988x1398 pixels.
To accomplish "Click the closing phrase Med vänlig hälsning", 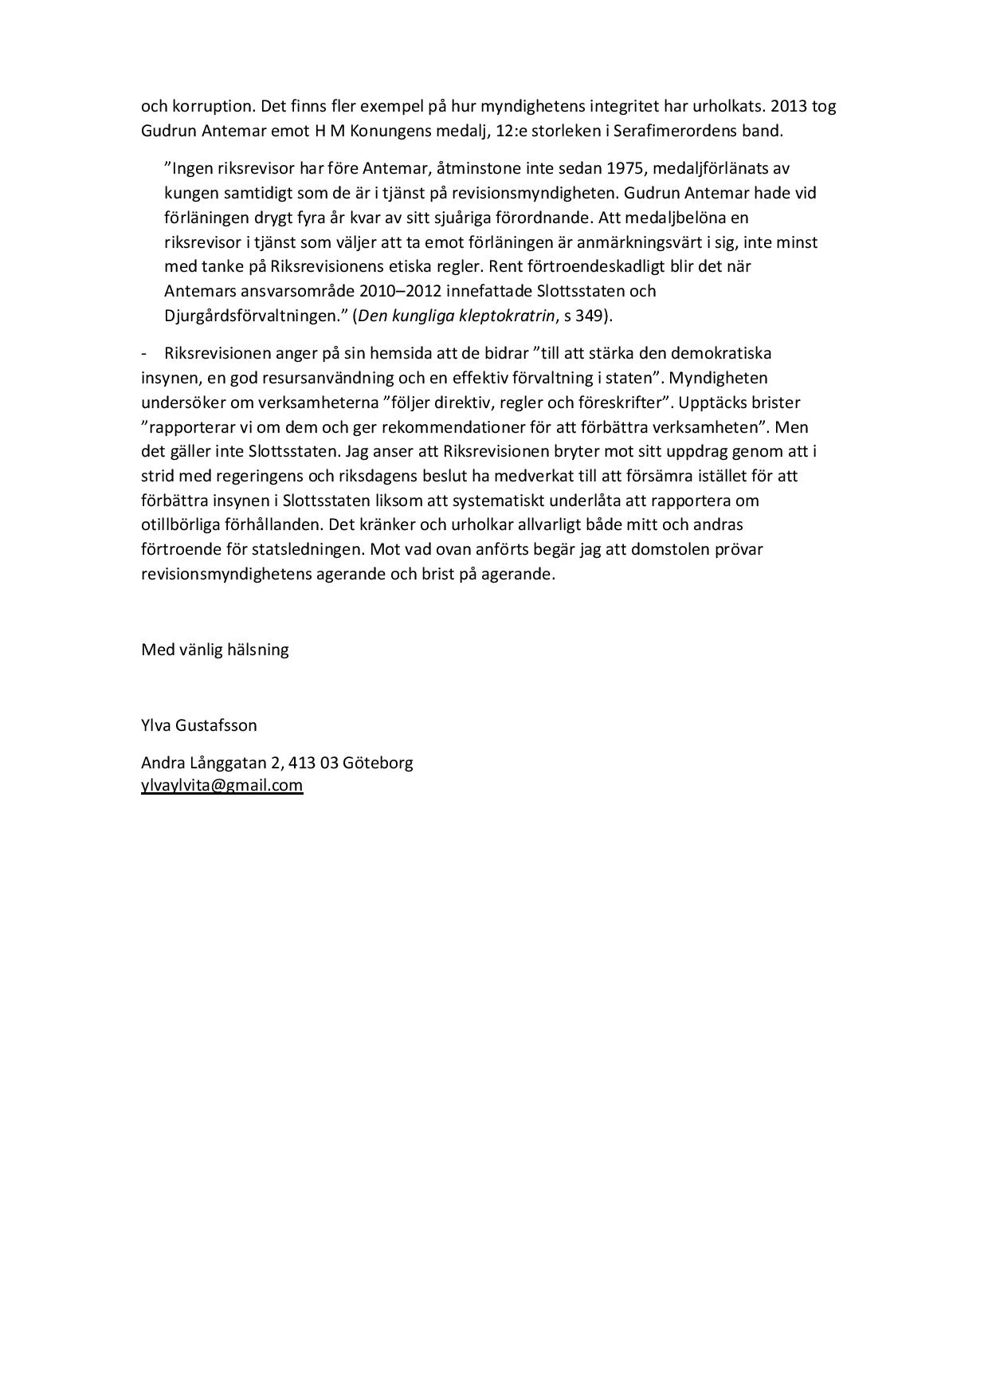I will [x=214, y=650].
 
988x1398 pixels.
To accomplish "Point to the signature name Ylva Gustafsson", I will [x=198, y=726].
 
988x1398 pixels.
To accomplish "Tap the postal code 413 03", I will [x=313, y=763].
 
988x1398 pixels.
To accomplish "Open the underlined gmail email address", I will [x=222, y=785].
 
